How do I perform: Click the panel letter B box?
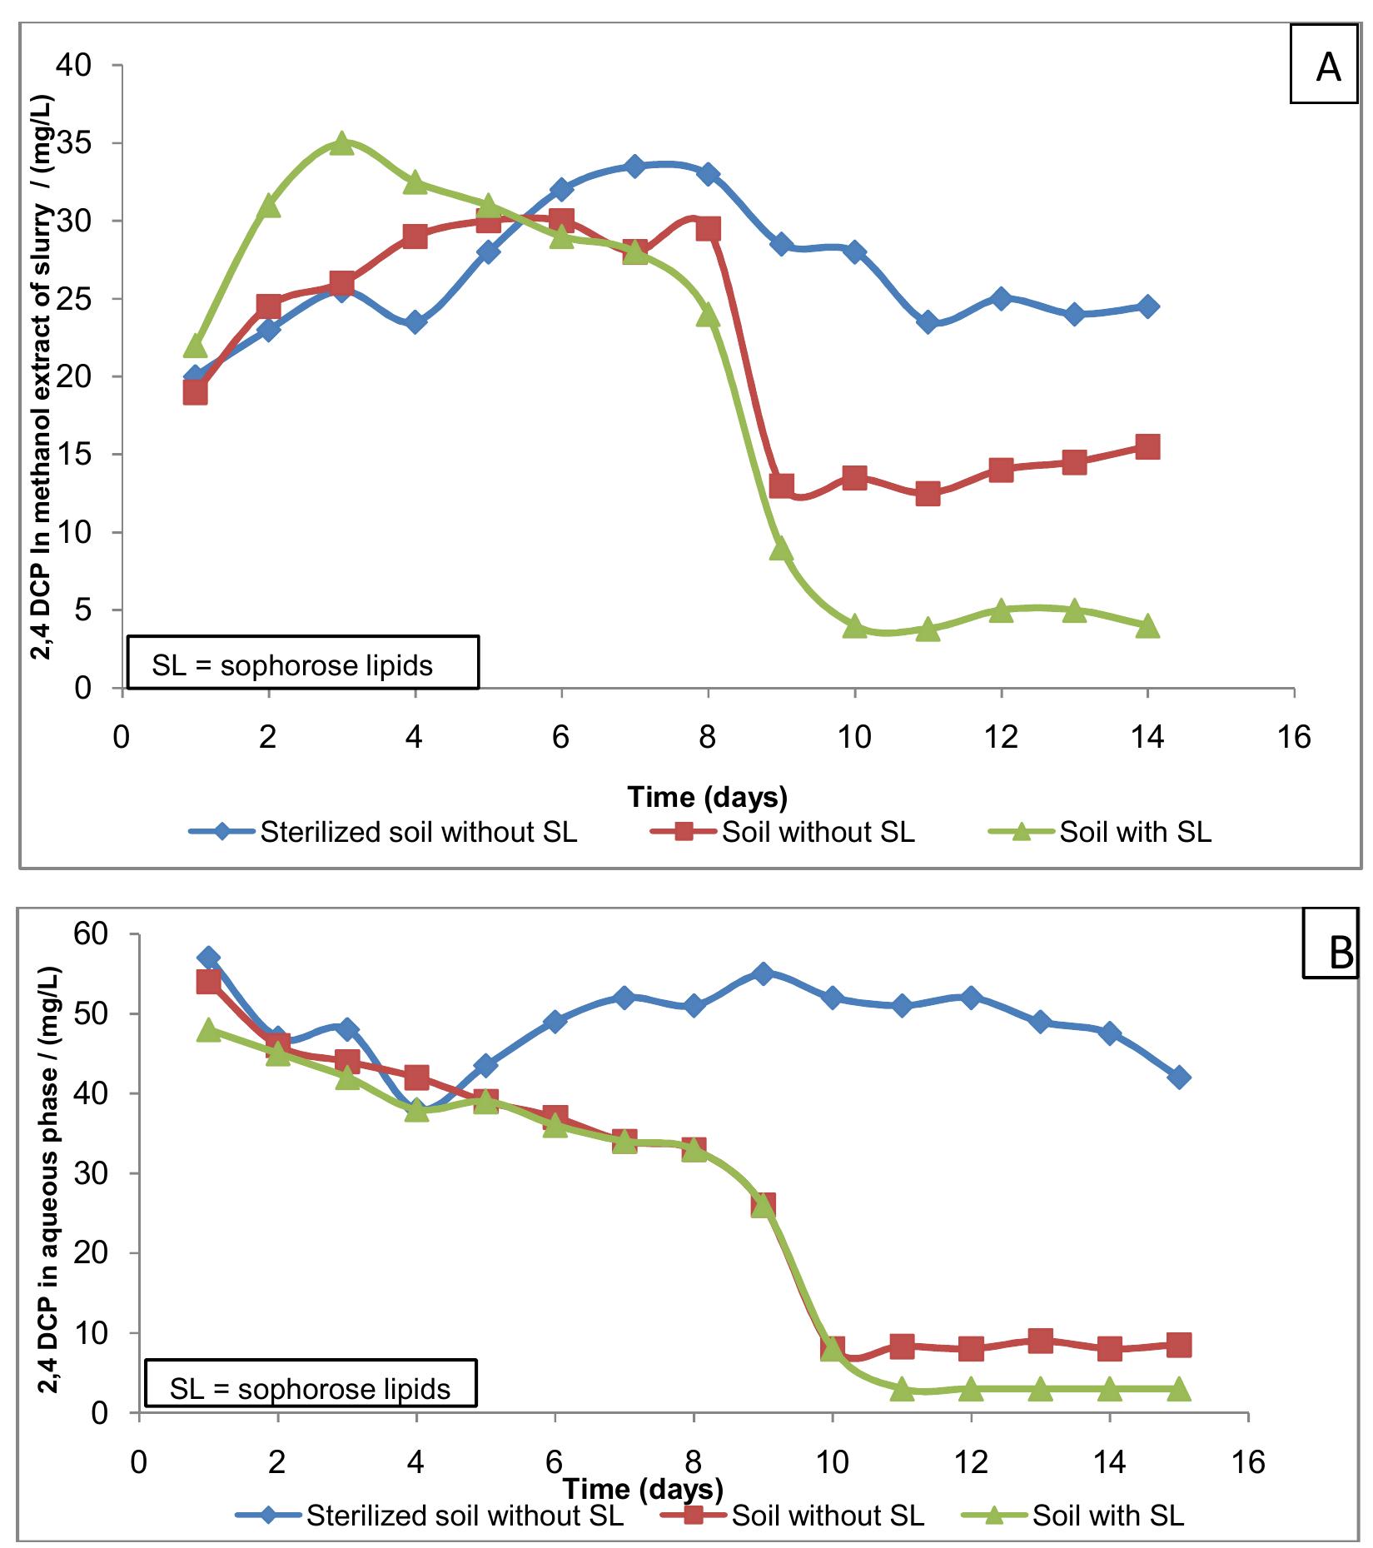coord(1336,952)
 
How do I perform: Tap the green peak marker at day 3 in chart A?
coord(341,143)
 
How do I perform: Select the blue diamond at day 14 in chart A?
coord(1147,306)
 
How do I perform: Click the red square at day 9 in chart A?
coord(781,485)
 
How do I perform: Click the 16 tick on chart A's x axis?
coord(1293,737)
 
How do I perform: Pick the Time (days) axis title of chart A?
coord(707,797)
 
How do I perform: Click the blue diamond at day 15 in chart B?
coord(1178,1078)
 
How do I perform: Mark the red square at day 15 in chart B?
coord(1178,1344)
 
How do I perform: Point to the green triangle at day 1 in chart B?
coord(209,1030)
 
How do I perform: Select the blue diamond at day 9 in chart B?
coord(763,973)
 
